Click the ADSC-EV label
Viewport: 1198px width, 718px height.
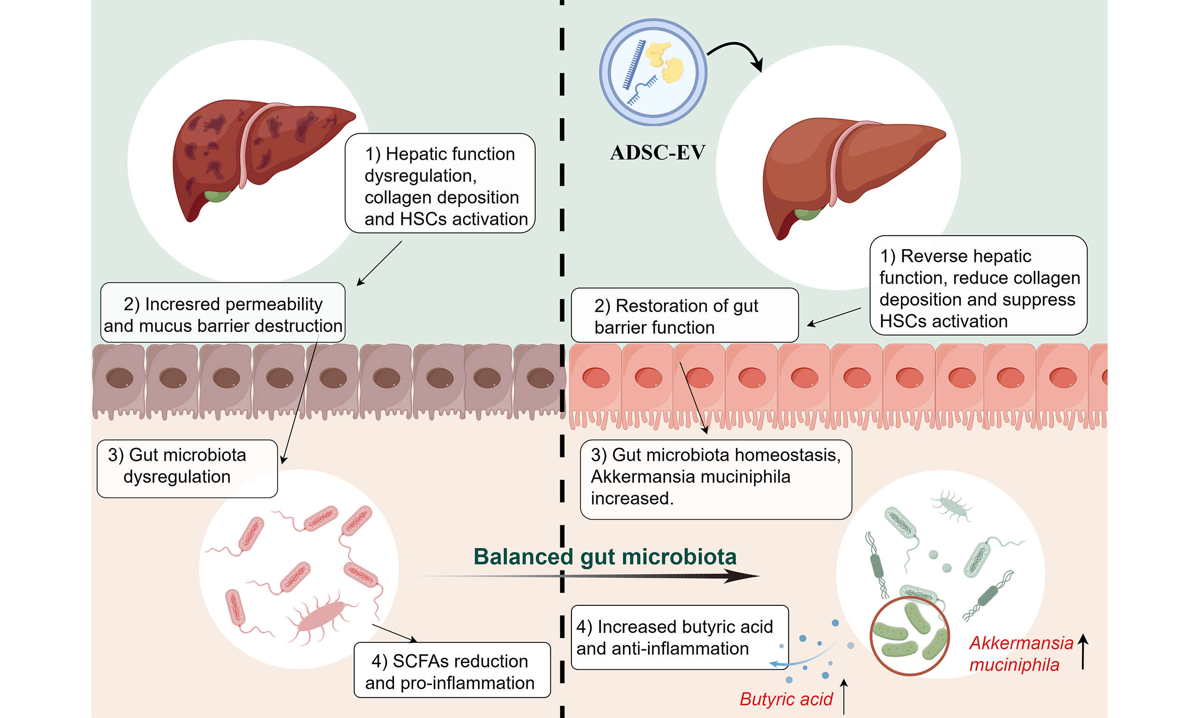click(657, 153)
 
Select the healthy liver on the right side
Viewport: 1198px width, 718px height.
click(847, 169)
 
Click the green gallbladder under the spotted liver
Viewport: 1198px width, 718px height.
click(217, 195)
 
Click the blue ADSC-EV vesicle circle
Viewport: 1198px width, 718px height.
click(653, 72)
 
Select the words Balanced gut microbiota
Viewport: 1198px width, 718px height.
click(605, 556)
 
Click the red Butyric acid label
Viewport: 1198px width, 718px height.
click(786, 699)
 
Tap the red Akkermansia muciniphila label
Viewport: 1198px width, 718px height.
click(1021, 653)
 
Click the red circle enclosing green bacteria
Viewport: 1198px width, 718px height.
click(909, 635)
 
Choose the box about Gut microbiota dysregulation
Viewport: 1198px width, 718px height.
click(187, 468)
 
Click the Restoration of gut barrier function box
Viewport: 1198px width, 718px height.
click(684, 316)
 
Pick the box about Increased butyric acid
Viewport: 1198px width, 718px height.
click(679, 637)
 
